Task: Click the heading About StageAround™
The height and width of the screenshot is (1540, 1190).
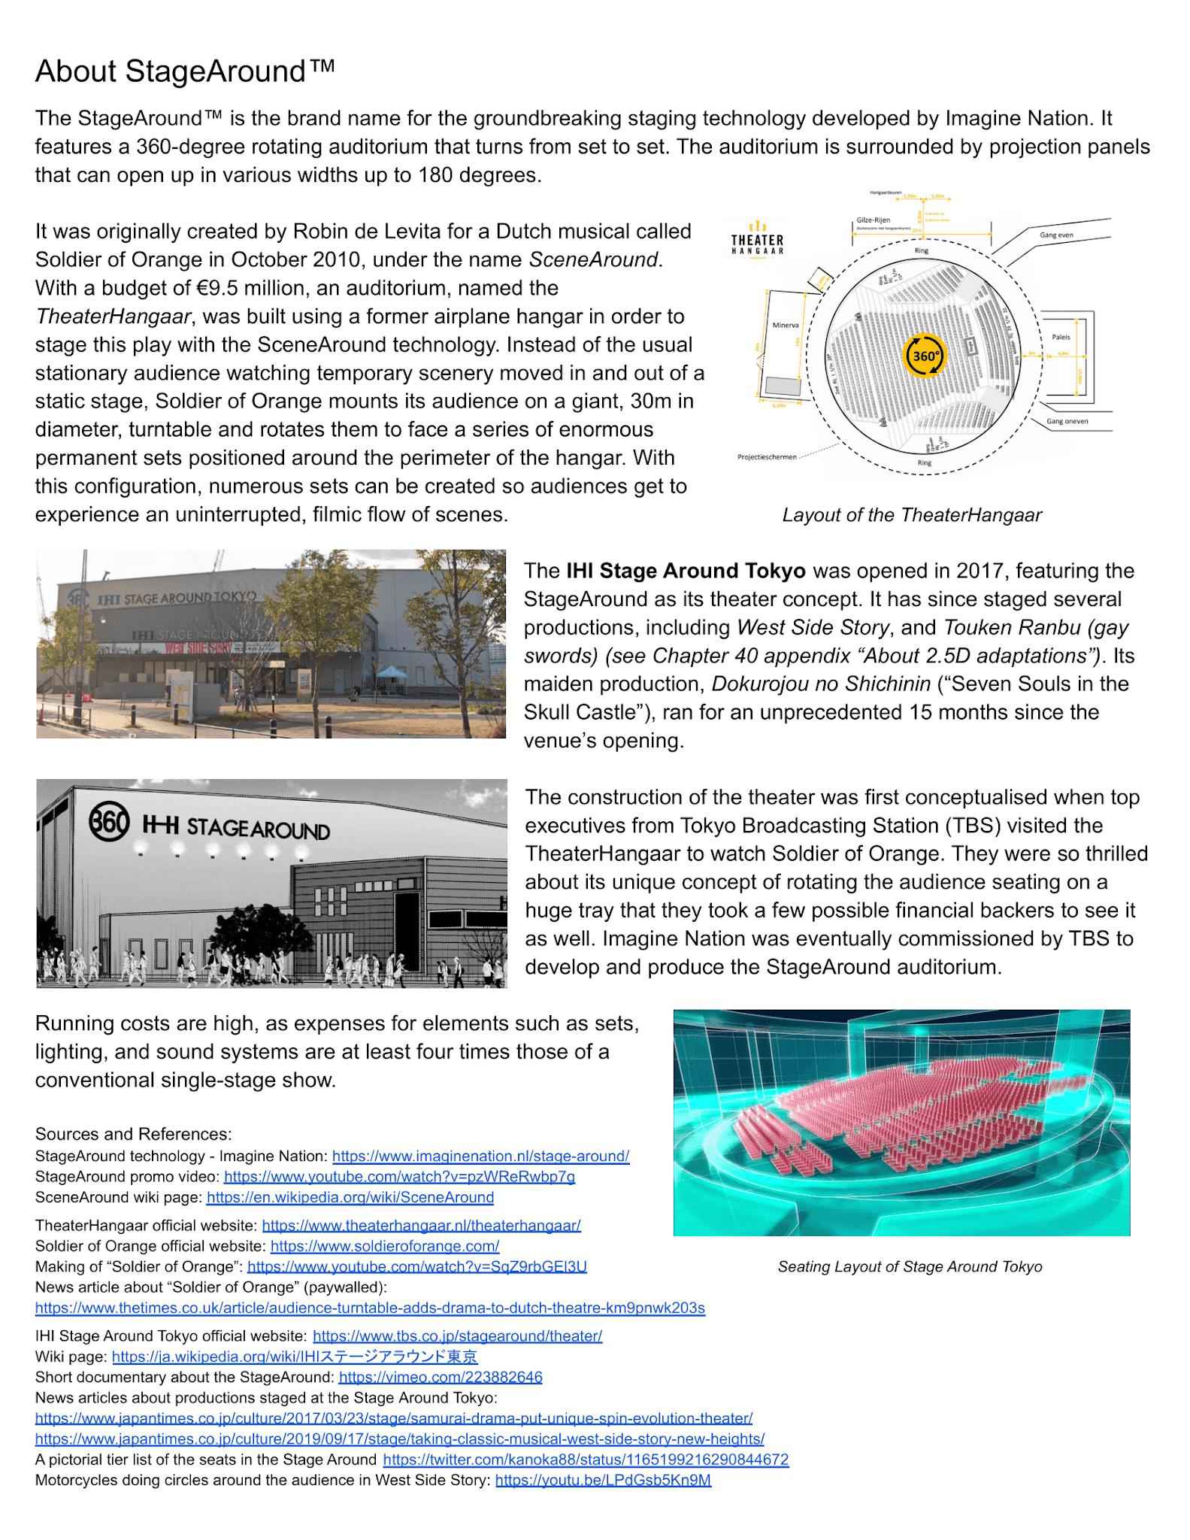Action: click(185, 71)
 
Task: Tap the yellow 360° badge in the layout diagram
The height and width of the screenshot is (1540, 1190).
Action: click(925, 355)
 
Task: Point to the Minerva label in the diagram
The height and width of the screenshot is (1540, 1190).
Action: click(785, 326)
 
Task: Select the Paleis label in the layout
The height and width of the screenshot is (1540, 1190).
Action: click(1061, 337)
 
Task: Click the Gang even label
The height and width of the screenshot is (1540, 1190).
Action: click(1056, 235)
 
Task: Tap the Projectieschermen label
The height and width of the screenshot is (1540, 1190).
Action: click(767, 457)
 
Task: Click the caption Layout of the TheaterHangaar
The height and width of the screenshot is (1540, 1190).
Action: click(911, 515)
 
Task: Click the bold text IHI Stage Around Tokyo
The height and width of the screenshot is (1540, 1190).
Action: click(686, 571)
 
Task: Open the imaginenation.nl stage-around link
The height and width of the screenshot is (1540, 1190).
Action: click(480, 1156)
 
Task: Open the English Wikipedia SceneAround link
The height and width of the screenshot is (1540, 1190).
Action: click(350, 1197)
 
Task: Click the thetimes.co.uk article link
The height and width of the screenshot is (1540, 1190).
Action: click(370, 1308)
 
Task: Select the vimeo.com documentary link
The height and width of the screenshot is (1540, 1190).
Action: click(440, 1377)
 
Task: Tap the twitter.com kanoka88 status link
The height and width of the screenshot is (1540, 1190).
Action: click(586, 1460)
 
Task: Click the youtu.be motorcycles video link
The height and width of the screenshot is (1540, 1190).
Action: click(603, 1481)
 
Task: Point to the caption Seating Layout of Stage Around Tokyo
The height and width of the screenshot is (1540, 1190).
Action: click(910, 1267)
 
